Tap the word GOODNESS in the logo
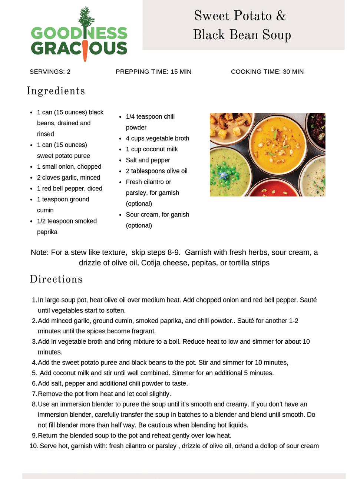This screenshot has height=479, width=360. tap(79, 33)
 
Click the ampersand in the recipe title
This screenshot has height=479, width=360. tap(281, 16)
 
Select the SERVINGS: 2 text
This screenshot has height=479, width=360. tap(50, 72)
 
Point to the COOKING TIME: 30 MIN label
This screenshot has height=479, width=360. tap(267, 72)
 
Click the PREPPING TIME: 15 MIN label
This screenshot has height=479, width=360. tap(153, 72)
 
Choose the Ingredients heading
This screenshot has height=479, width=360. tap(56, 91)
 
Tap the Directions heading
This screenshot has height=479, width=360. tap(56, 279)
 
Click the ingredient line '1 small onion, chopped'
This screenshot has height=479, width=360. tap(69, 167)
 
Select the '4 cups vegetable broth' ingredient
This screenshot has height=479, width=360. tap(157, 138)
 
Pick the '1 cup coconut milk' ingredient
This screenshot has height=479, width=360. tap(152, 149)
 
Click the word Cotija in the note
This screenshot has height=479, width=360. tap(153, 263)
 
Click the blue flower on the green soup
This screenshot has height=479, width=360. tap(224, 175)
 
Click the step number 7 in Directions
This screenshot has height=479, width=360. tap(34, 394)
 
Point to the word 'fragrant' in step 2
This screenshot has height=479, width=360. tap(143, 331)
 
